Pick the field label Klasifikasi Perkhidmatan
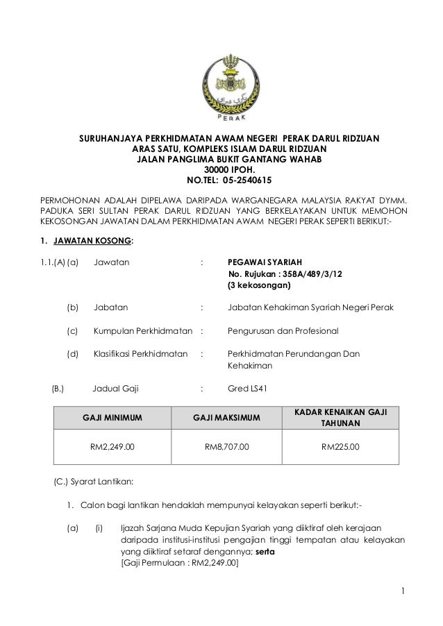click(141, 354)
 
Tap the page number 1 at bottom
click(403, 592)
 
